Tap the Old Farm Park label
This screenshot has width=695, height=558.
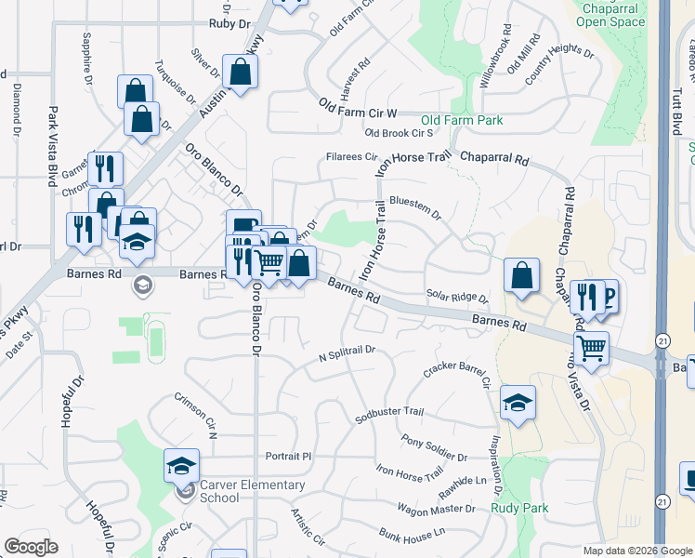[x=462, y=121]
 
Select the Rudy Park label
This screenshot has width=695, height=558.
[x=519, y=508]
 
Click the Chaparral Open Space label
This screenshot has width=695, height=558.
[x=610, y=14]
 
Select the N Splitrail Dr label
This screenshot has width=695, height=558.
[x=346, y=353]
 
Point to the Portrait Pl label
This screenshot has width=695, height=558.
[x=287, y=457]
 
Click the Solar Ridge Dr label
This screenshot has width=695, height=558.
[x=457, y=297]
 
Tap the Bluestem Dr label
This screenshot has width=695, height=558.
[x=415, y=206]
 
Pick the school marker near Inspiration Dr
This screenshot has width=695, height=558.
[x=518, y=403]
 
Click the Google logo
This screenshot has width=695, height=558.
[x=31, y=547]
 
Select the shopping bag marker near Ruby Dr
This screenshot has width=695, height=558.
[x=240, y=73]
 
